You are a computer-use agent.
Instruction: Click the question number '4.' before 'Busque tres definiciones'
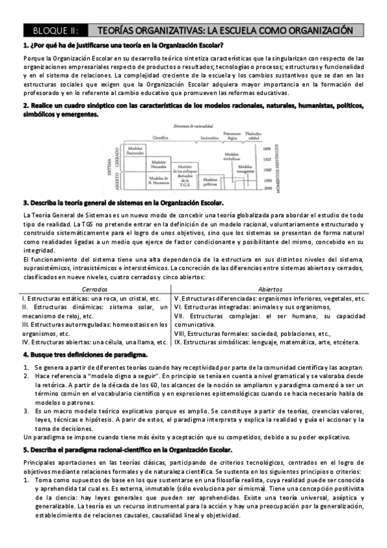[25, 355]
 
